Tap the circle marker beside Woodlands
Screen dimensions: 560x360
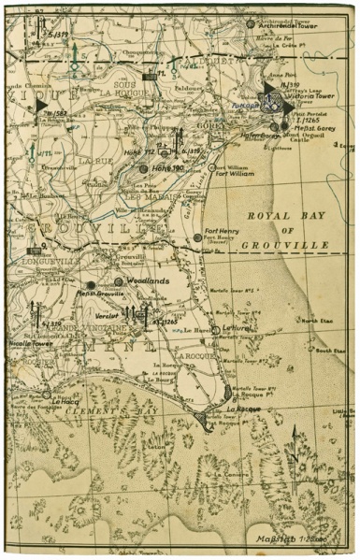tap(119, 281)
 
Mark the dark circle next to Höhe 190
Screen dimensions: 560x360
tap(143, 168)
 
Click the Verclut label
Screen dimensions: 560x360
tap(107, 315)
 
